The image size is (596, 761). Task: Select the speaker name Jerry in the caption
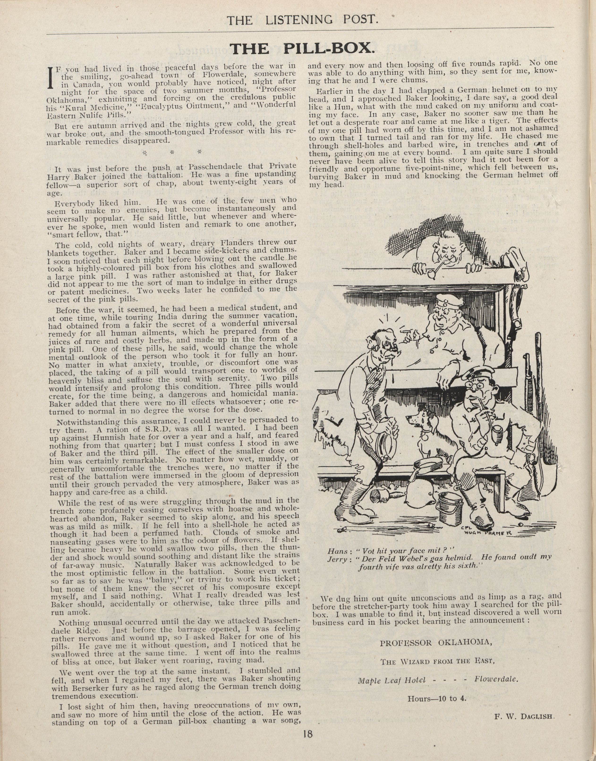337,559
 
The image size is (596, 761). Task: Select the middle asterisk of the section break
172,153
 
